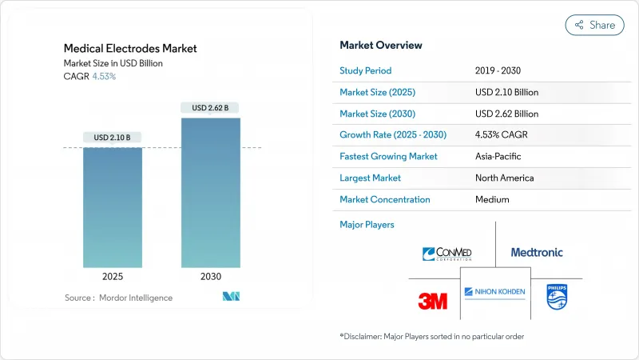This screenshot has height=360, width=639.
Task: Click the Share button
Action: coord(595,25)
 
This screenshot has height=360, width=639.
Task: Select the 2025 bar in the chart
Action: coord(113,208)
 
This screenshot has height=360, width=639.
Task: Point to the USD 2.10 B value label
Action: coord(113,138)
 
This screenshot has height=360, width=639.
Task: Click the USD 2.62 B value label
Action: coord(210,107)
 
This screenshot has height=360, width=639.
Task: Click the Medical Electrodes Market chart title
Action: coord(130,48)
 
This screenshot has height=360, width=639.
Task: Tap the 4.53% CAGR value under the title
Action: coord(105,77)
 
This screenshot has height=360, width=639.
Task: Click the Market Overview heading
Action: coord(381,45)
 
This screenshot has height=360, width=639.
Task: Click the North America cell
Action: coord(504,178)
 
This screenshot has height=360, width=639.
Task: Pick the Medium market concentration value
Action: coord(493,199)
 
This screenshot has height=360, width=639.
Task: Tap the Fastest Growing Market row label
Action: coord(388,156)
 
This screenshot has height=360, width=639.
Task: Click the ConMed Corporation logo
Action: coord(447,254)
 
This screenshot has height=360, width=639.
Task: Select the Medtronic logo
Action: coord(537,252)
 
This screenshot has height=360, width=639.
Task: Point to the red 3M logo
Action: coord(433,300)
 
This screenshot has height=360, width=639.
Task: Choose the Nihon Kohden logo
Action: coord(494,292)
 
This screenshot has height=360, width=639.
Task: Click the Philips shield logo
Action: coord(556,297)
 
